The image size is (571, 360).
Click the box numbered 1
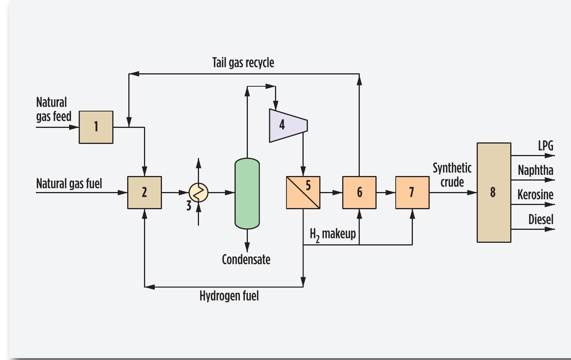[96, 127]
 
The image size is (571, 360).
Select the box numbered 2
[144, 192]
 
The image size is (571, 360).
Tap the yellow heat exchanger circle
[199, 192]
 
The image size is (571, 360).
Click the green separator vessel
[247, 194]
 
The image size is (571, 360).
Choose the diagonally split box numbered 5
[303, 192]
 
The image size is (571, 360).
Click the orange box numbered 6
[359, 192]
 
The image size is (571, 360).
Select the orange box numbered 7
[412, 192]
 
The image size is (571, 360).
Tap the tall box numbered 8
[494, 192]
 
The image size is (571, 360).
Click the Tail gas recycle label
[243, 63]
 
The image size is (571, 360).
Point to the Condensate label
[246, 260]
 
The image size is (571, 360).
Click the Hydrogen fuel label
[229, 296]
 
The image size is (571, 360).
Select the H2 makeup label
[333, 234]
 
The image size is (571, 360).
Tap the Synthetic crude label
[452, 175]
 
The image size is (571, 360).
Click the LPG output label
[545, 146]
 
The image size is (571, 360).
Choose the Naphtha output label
[535, 170]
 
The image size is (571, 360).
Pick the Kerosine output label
[535, 195]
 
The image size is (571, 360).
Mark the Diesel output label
[540, 220]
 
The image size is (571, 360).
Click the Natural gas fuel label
[69, 184]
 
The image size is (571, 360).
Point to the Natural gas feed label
[53, 109]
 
